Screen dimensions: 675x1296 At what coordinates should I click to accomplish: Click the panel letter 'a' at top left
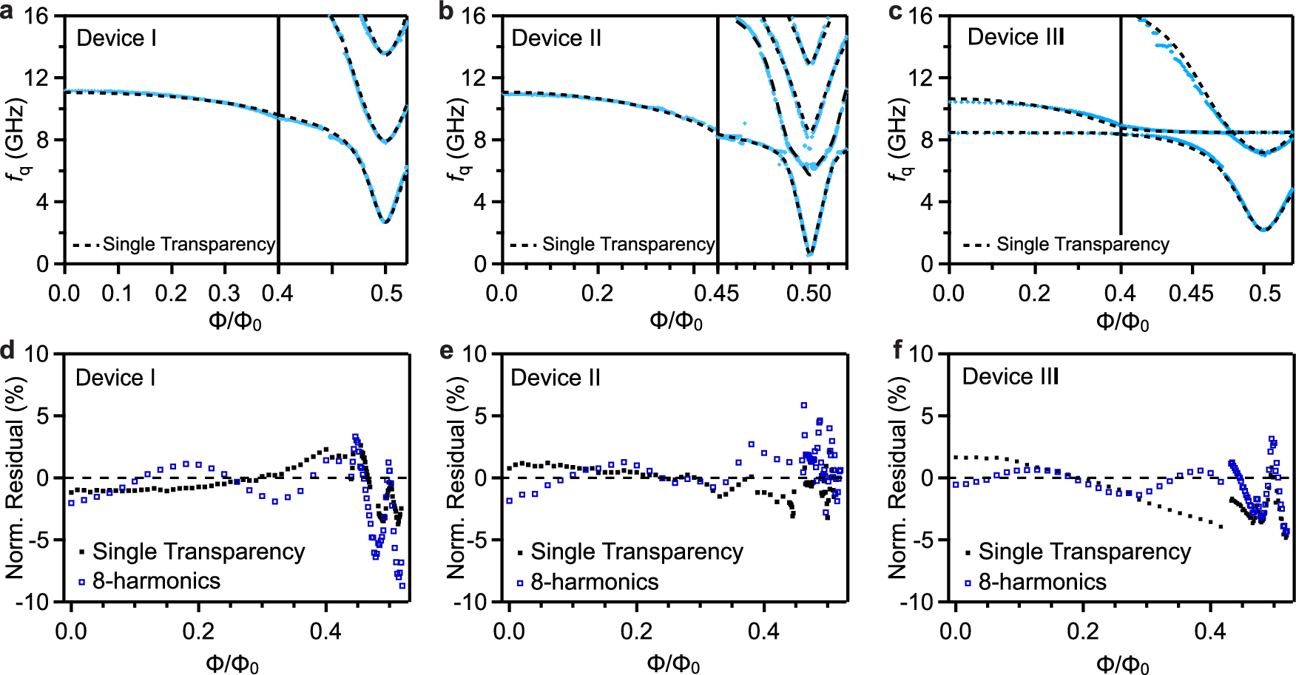click(x=7, y=12)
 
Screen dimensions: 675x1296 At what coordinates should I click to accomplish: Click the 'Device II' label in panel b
click(x=556, y=38)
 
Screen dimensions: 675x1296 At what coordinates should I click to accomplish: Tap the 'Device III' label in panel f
click(x=1010, y=377)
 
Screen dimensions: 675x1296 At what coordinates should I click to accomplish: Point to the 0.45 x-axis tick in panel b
click(x=716, y=294)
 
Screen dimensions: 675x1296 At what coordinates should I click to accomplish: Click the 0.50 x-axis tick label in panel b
click(x=809, y=294)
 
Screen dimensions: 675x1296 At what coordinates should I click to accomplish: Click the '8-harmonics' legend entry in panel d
click(x=156, y=581)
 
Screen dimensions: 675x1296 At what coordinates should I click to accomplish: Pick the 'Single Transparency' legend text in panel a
click(x=189, y=245)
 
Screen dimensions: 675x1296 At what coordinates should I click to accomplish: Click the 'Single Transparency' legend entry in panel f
click(x=1084, y=552)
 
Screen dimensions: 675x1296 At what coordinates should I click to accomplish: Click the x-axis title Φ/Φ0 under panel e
click(x=673, y=663)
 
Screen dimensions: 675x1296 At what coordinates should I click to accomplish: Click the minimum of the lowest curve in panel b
click(x=809, y=254)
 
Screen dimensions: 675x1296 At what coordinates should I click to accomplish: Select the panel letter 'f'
click(x=897, y=349)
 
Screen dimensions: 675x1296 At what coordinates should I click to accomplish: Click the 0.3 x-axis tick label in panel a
click(x=224, y=294)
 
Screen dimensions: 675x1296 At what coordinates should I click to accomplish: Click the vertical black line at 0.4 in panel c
click(x=1121, y=126)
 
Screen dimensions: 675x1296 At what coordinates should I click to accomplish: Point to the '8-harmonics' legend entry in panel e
click(x=594, y=583)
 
